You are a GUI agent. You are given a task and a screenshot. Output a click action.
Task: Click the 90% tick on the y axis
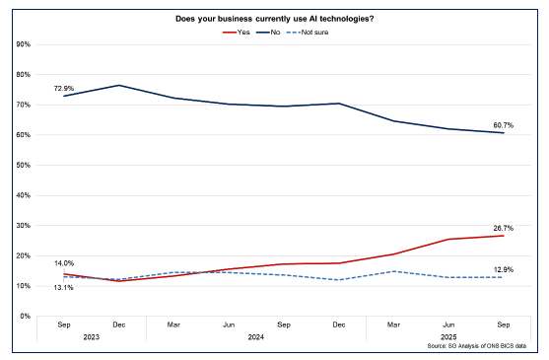(23, 44)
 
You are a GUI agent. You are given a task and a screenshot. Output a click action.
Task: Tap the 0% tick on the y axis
(25, 316)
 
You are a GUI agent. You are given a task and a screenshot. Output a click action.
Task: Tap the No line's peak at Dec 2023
(119, 85)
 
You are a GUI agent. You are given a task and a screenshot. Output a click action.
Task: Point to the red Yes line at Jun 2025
(448, 239)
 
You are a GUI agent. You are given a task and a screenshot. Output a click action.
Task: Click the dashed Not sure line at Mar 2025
(394, 271)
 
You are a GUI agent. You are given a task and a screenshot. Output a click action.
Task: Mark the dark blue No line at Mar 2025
(394, 121)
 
